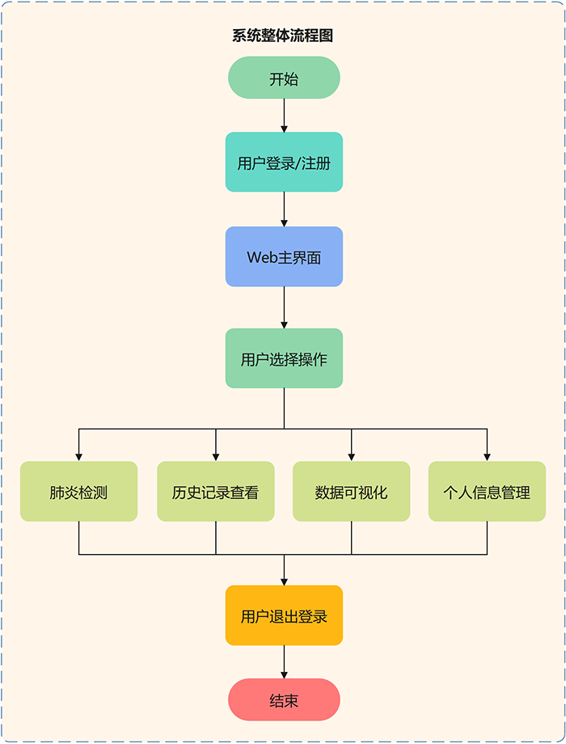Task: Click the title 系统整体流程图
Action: (283, 36)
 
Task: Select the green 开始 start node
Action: (284, 78)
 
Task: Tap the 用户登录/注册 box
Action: (284, 163)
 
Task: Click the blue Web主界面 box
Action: (284, 257)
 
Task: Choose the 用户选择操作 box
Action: (284, 359)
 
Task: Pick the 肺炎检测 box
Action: (78, 492)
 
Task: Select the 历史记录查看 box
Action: (216, 492)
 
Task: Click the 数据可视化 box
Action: (352, 492)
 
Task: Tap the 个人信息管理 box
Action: (487, 492)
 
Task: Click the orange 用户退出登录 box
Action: (284, 616)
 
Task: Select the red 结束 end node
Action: (284, 700)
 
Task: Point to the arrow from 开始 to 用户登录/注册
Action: (284, 115)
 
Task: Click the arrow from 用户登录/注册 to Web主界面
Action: (284, 209)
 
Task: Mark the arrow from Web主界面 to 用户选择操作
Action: (284, 308)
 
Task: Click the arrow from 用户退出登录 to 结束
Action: (284, 662)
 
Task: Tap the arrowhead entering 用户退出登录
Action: (284, 581)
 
